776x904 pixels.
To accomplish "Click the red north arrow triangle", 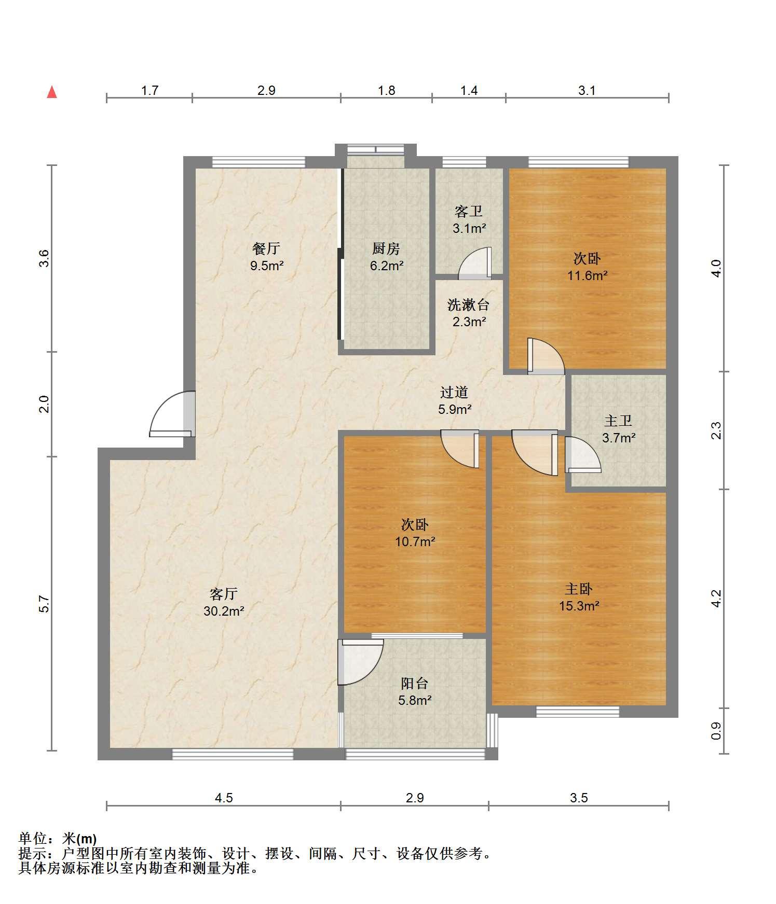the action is click(x=52, y=92).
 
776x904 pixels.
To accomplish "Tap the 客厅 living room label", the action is click(x=224, y=593).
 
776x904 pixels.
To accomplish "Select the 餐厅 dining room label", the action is click(x=266, y=248).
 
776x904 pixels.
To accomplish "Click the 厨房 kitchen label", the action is click(x=386, y=249).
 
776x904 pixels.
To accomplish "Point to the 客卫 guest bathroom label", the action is click(x=469, y=211).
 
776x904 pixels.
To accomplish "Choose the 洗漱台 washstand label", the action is click(x=468, y=304).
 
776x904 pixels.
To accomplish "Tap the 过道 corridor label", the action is click(x=455, y=392).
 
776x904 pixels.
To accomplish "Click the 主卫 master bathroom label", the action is click(x=618, y=421).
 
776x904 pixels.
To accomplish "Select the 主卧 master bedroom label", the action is click(x=579, y=589).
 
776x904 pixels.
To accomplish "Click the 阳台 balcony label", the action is click(x=415, y=683).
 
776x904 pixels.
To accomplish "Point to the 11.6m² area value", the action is click(x=587, y=275).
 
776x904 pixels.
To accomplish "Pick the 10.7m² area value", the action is click(x=415, y=542).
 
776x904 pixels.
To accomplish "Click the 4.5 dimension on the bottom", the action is click(x=224, y=798).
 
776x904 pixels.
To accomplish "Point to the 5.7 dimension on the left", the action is click(x=44, y=604).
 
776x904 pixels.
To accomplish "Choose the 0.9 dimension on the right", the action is click(x=716, y=731).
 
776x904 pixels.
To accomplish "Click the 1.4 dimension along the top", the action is click(x=469, y=91).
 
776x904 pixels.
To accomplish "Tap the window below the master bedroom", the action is click(x=578, y=712).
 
